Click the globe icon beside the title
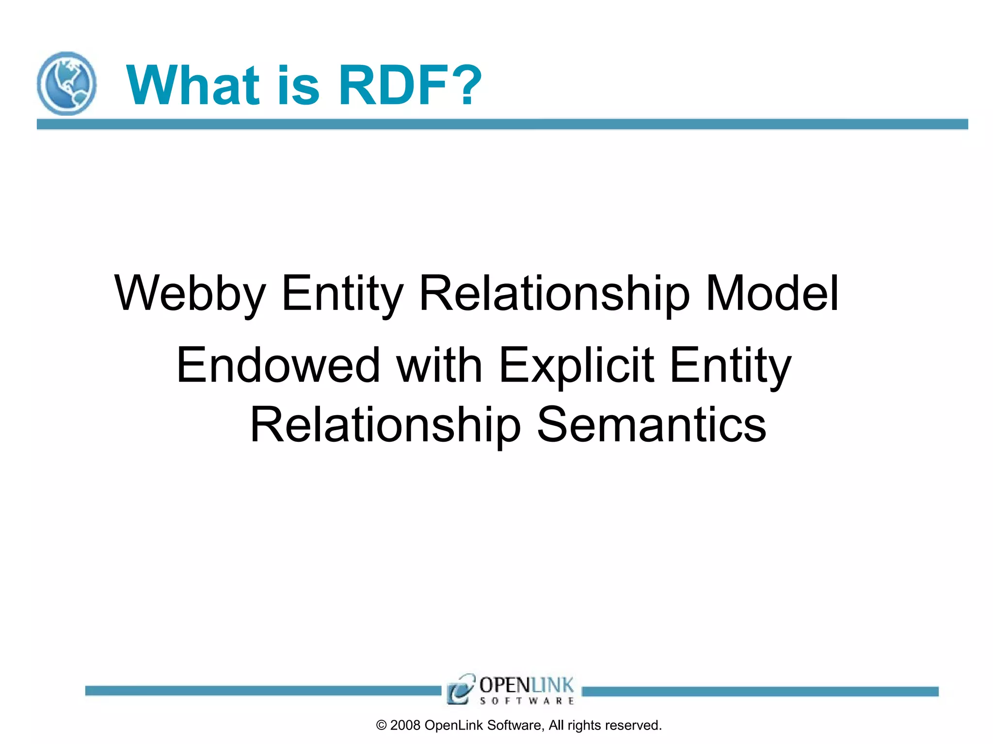pyautogui.click(x=66, y=83)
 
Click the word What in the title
pyautogui.click(x=193, y=85)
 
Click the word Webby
pyautogui.click(x=190, y=294)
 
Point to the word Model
pyautogui.click(x=771, y=294)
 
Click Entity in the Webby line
pyautogui.click(x=342, y=294)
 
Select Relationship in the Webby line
pyautogui.click(x=554, y=294)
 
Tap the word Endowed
pyautogui.click(x=278, y=365)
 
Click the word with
pyautogui.click(x=439, y=365)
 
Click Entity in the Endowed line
pyautogui.click(x=731, y=365)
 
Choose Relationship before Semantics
pyautogui.click(x=385, y=425)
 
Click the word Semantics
pyautogui.click(x=652, y=425)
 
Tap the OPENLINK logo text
pyautogui.click(x=526, y=685)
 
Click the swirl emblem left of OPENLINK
pyautogui.click(x=460, y=688)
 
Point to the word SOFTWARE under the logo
pyautogui.click(x=527, y=701)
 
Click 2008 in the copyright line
pyautogui.click(x=405, y=725)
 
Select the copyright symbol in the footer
pyautogui.click(x=382, y=725)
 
